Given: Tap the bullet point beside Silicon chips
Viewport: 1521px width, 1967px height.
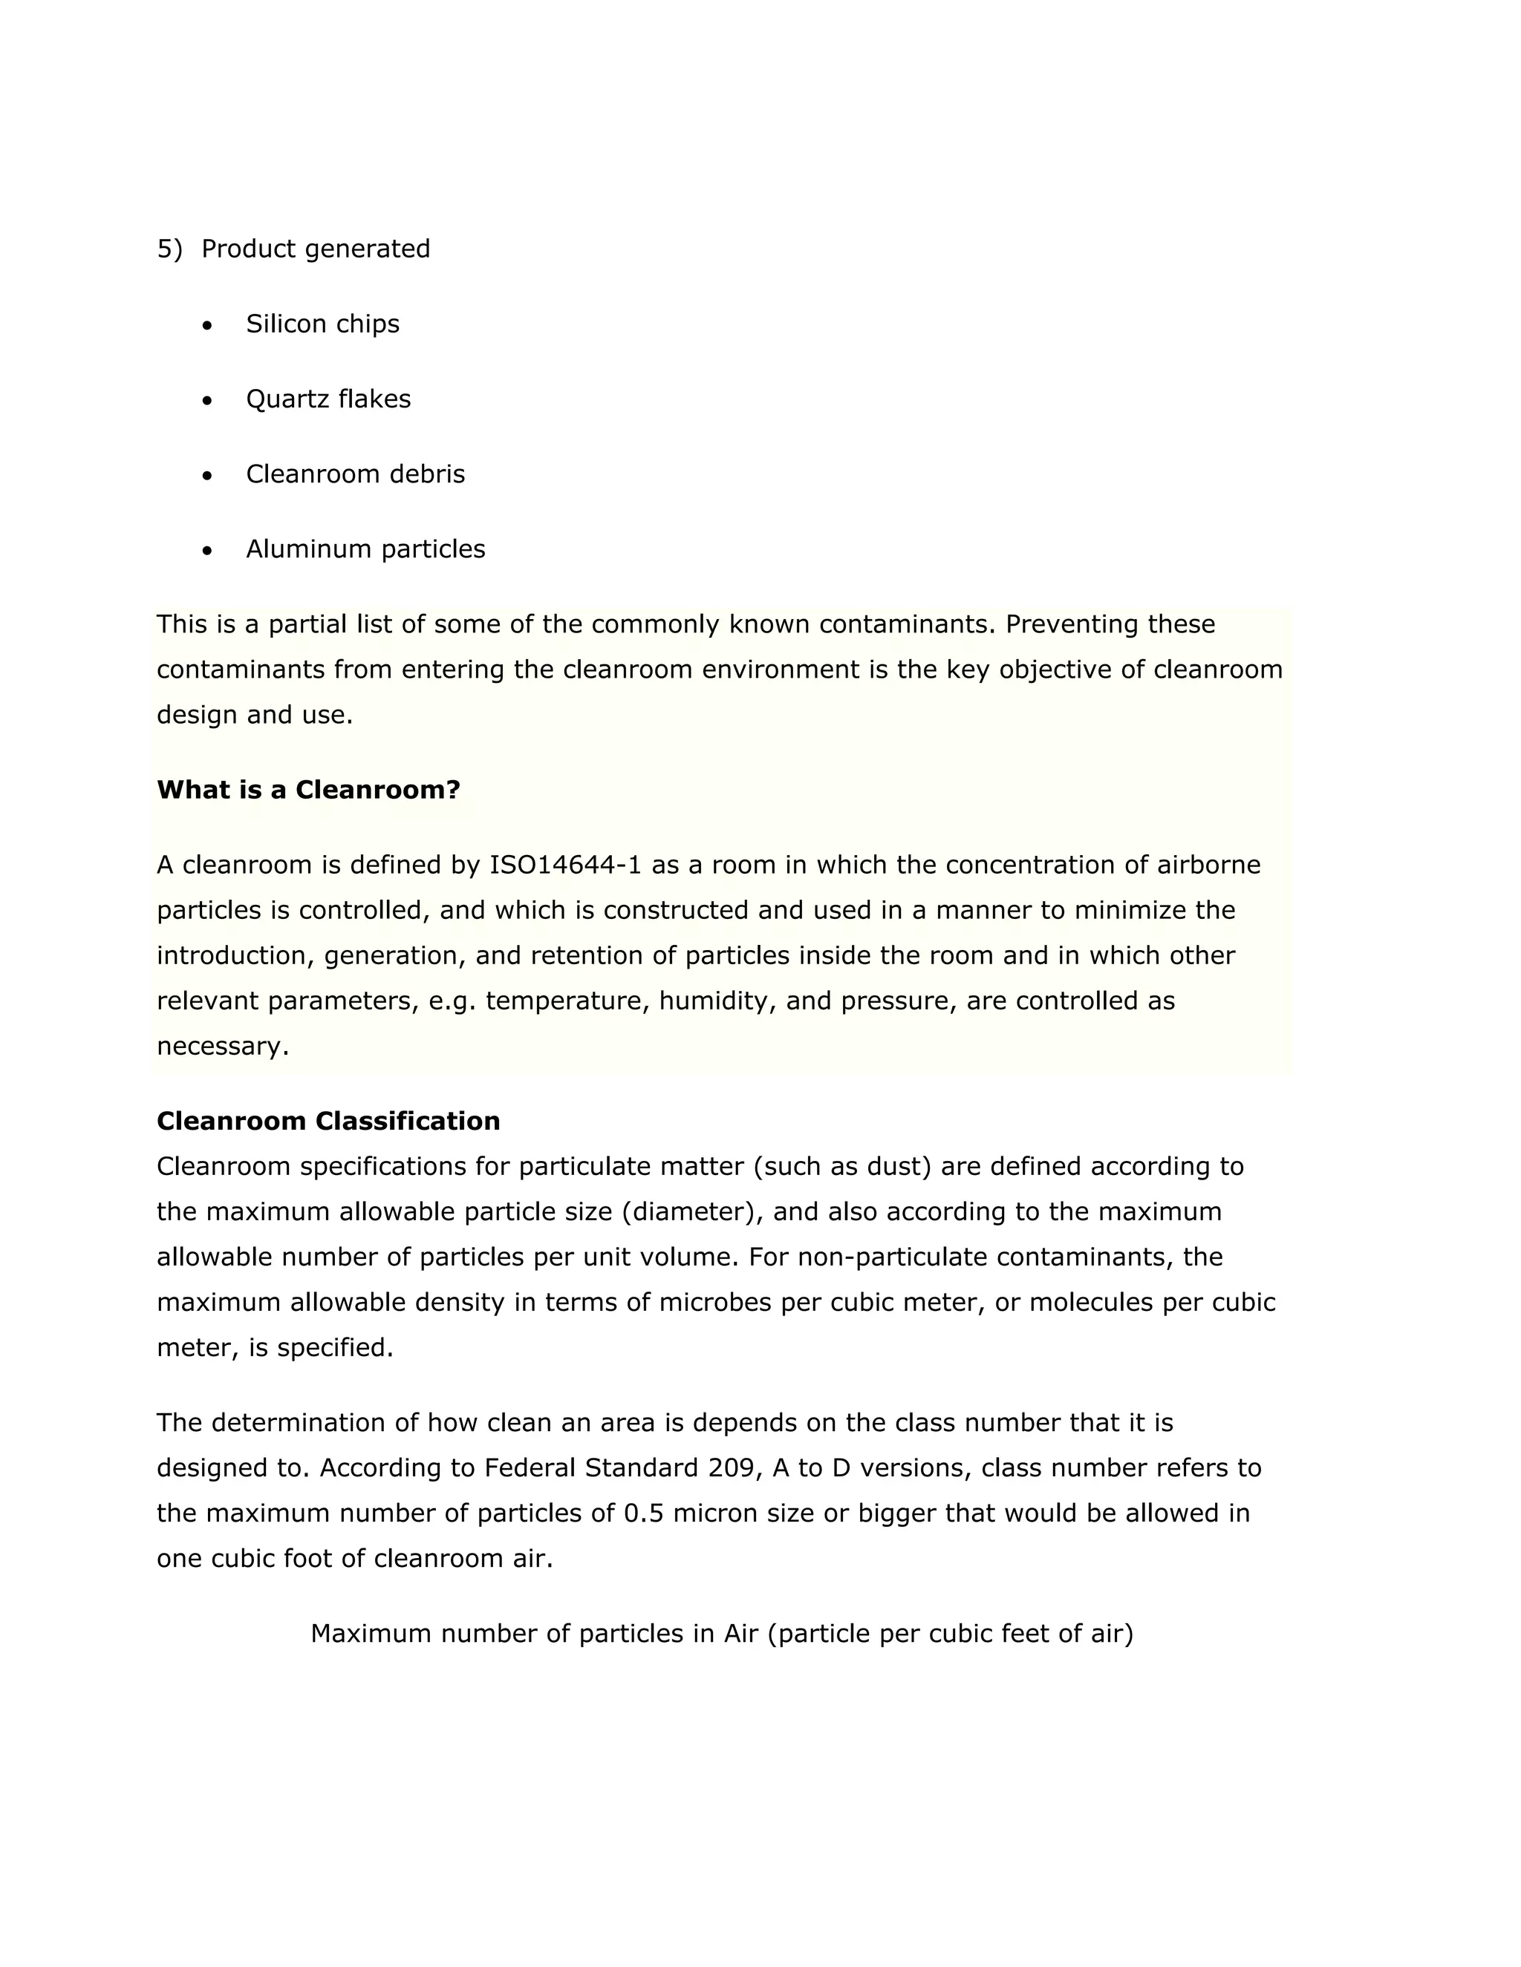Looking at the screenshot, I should tap(208, 325).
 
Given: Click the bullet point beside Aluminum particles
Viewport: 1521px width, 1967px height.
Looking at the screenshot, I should tap(208, 550).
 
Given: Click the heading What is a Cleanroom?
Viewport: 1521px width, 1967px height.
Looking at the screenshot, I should tap(308, 790).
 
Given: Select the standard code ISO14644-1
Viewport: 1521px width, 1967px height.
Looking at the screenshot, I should tap(565, 865).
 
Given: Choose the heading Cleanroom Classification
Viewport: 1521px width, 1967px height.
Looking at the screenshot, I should tap(328, 1122).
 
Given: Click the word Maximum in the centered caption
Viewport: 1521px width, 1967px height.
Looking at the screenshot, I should tap(371, 1634).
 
